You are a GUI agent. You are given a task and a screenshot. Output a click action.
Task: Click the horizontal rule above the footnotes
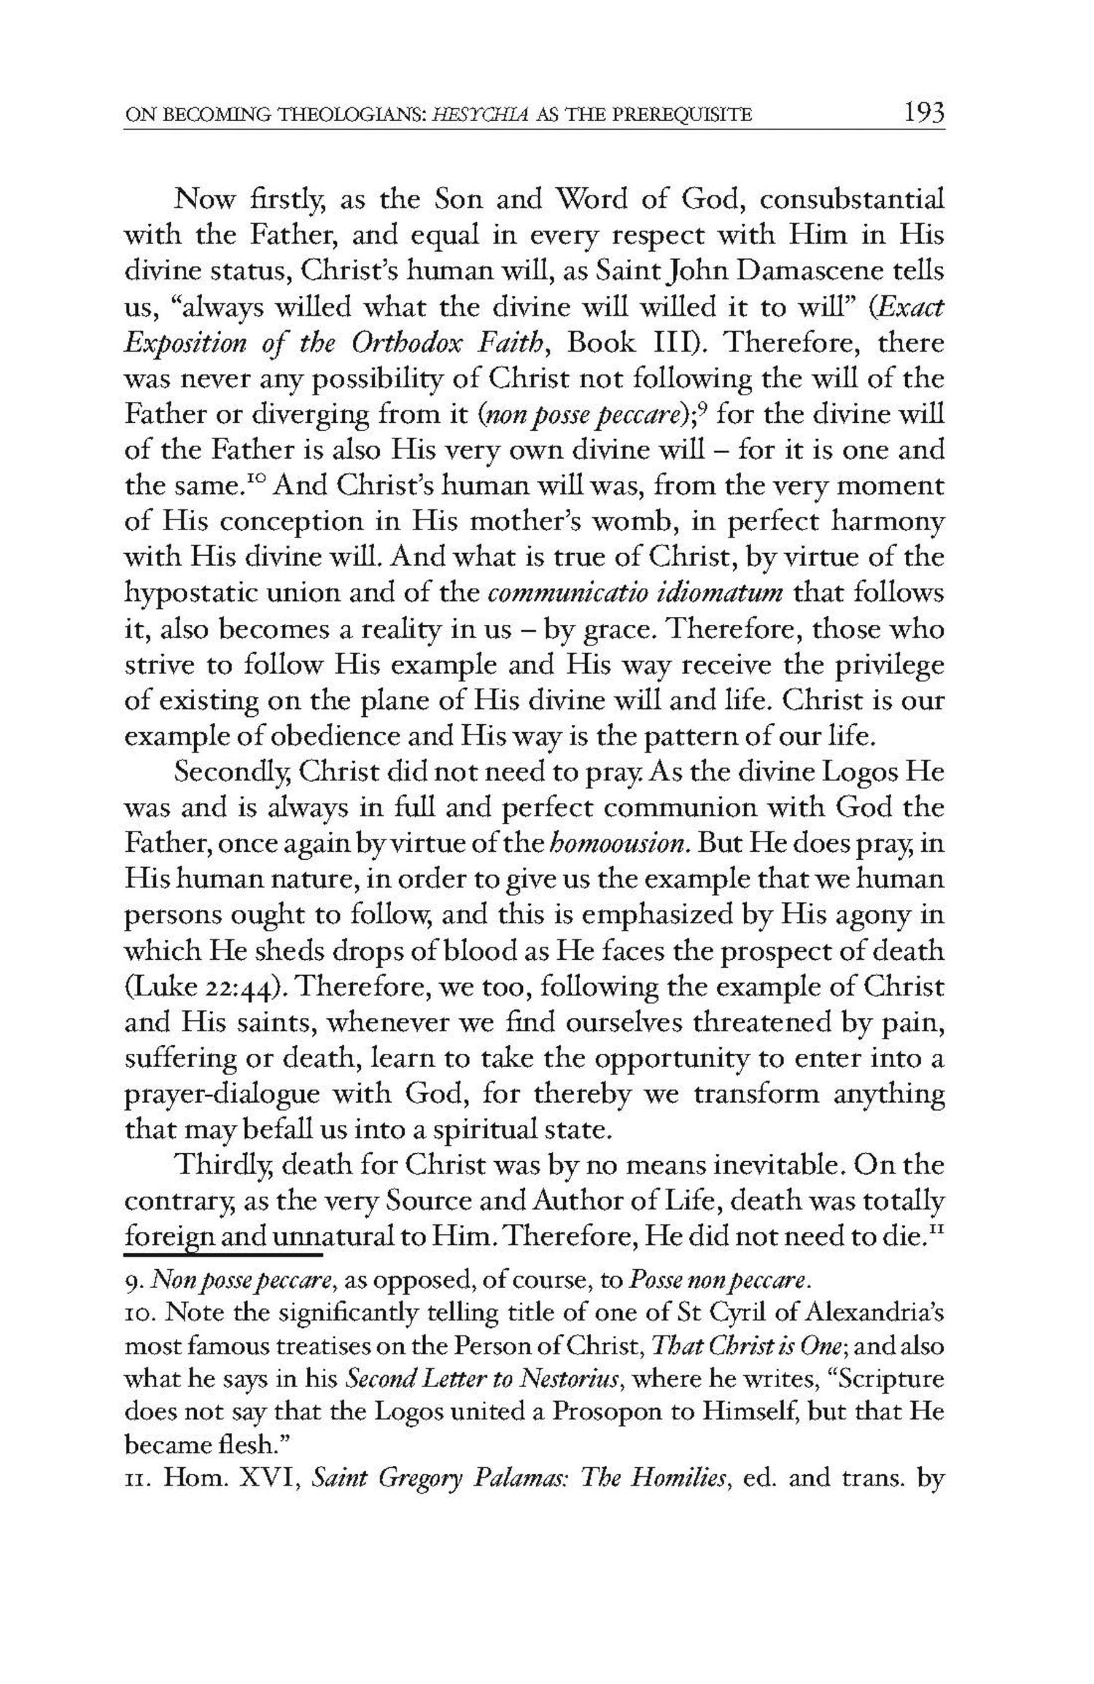pyautogui.click(x=223, y=1256)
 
